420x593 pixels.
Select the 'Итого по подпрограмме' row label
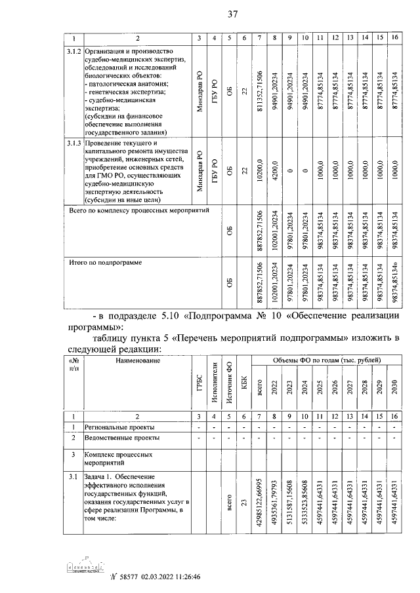106,262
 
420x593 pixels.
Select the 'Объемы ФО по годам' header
327,361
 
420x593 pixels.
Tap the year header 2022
275,387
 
